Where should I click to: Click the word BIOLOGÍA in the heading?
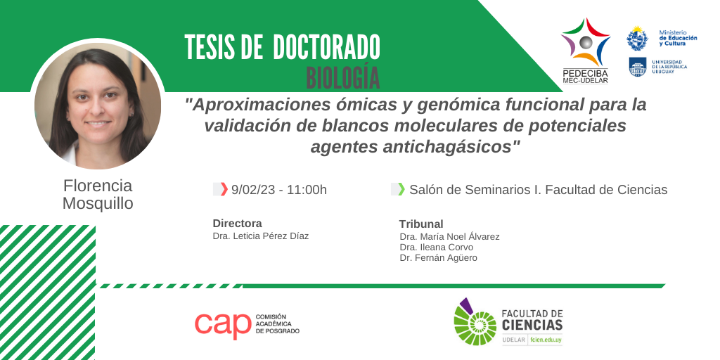[x=343, y=78]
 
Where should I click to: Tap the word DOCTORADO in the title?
[x=326, y=47]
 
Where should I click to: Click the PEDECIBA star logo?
[x=586, y=42]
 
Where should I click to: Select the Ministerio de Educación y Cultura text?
[x=678, y=38]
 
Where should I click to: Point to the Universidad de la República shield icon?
[x=637, y=67]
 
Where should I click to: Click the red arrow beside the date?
[x=224, y=189]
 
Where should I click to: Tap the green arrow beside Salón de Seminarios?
[x=401, y=189]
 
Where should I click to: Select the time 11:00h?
[x=307, y=190]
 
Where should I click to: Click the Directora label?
[x=238, y=224]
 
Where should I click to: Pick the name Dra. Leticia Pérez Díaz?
[x=261, y=236]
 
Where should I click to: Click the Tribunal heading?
[x=421, y=224]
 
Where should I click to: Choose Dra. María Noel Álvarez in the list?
[x=449, y=237]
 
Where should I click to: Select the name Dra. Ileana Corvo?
[x=437, y=247]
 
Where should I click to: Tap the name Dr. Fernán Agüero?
[x=439, y=258]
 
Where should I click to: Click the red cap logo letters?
[x=223, y=325]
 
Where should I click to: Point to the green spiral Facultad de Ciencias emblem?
[x=475, y=322]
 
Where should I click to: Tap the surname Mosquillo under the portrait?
[x=98, y=203]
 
